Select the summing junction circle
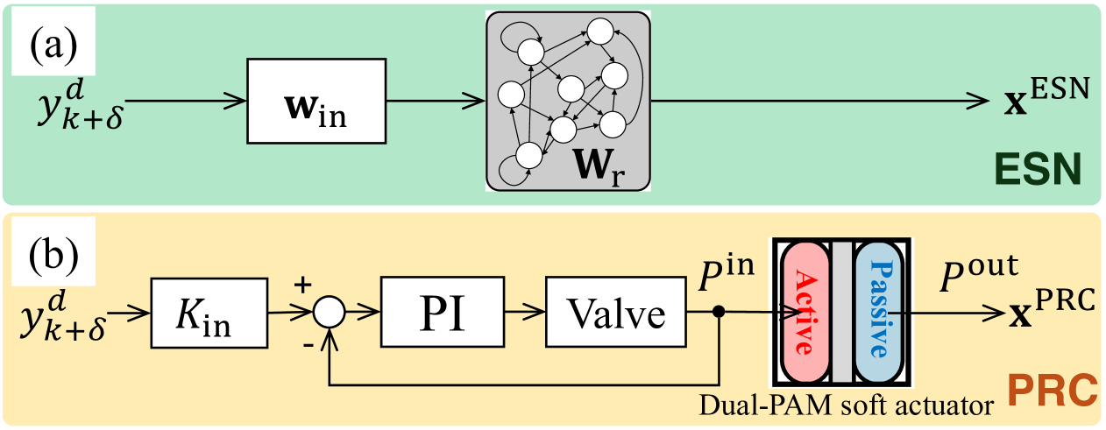coord(329,312)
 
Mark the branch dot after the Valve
coord(720,312)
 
